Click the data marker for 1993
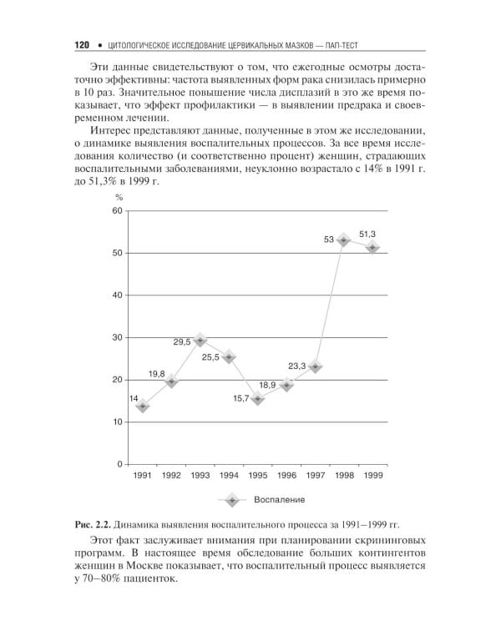click(200, 341)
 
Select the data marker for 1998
click(343, 240)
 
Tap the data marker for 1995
click(257, 398)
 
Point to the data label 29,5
click(181, 341)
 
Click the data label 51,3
click(367, 234)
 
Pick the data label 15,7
click(240, 398)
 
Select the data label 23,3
click(297, 366)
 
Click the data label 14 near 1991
click(134, 398)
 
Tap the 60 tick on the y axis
click(118, 211)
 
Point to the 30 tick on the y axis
click(118, 337)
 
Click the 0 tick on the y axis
click(120, 464)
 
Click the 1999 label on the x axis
click(372, 475)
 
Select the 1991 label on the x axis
click(143, 475)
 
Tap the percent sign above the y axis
click(119, 197)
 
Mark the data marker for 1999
click(372, 247)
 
